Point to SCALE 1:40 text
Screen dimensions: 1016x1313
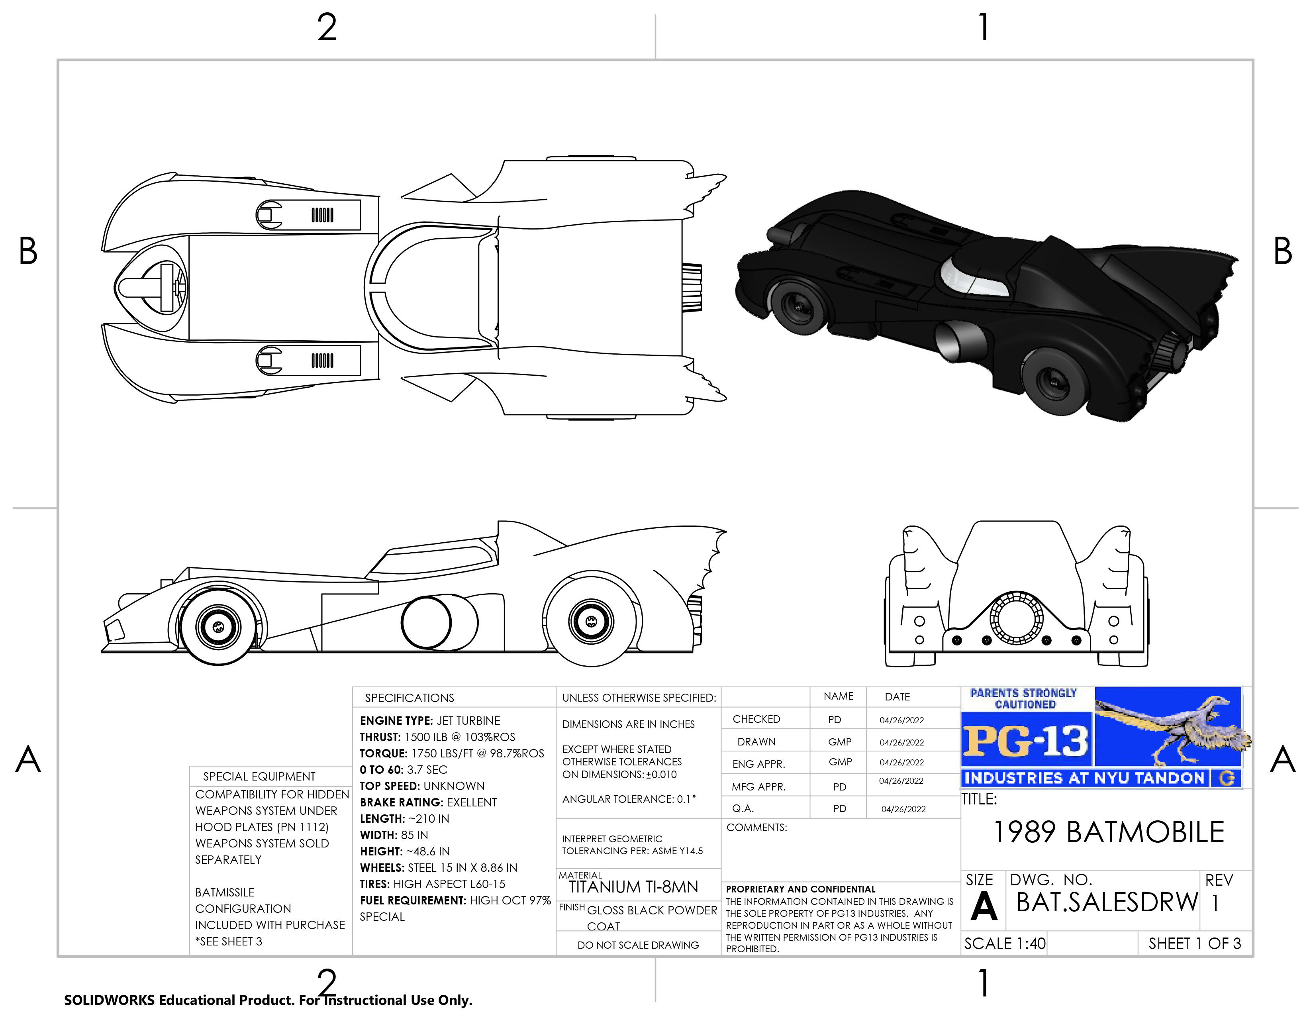click(1005, 943)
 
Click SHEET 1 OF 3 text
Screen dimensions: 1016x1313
click(1194, 943)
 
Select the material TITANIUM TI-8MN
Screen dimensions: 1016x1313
click(633, 887)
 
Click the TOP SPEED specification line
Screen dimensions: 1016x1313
click(422, 786)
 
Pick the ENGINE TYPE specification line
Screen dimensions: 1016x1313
click(430, 720)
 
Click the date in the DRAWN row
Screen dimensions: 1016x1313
click(901, 742)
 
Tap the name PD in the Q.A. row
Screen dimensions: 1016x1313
click(839, 808)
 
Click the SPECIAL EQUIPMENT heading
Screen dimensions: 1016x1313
click(259, 776)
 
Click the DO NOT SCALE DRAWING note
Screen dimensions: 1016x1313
click(638, 944)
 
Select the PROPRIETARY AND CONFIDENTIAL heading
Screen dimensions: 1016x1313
click(800, 889)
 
